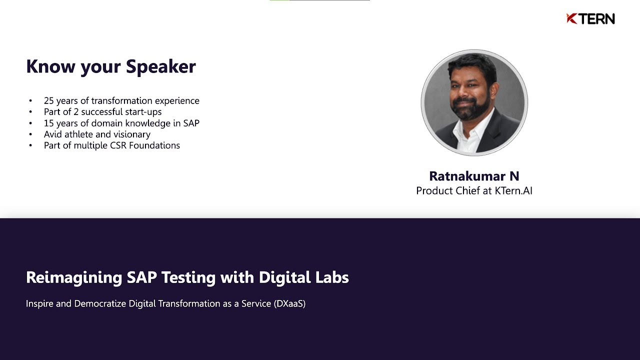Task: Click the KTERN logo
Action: [x=590, y=19]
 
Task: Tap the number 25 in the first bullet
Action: [x=48, y=100]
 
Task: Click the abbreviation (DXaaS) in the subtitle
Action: [x=289, y=303]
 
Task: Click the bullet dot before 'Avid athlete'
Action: [x=31, y=134]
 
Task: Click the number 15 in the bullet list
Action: [x=48, y=123]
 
